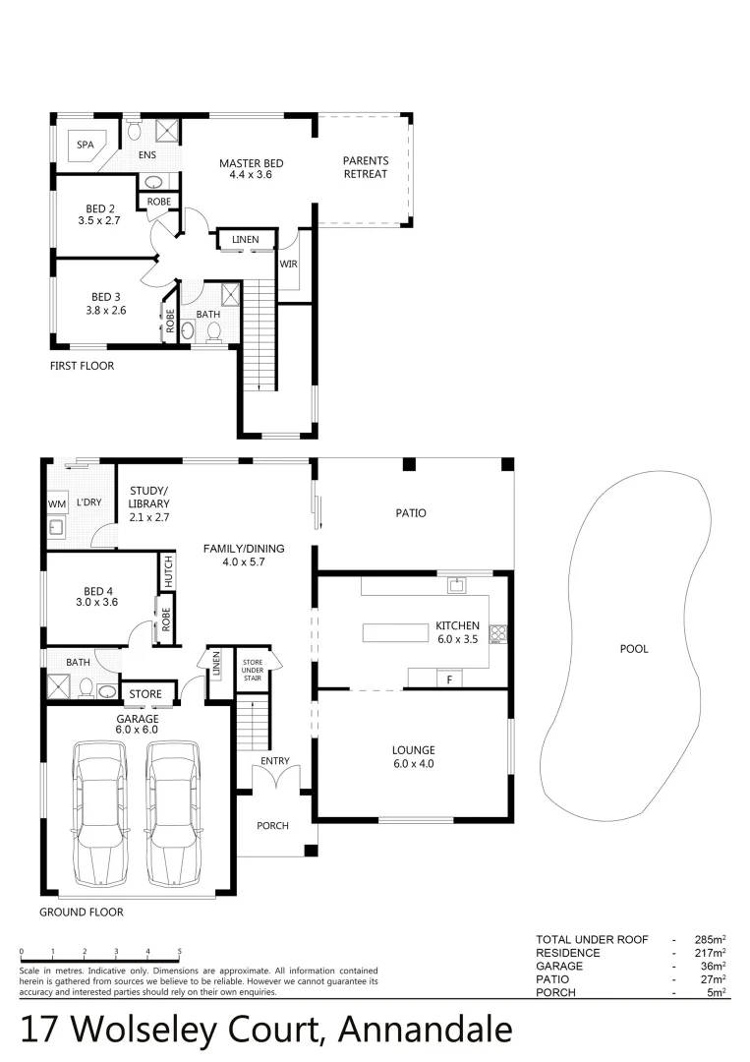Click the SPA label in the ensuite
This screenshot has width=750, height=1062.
(x=86, y=145)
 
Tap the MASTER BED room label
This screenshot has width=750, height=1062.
(x=251, y=163)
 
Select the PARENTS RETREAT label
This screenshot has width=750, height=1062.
(x=366, y=167)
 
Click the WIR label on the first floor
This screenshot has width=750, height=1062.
(x=289, y=264)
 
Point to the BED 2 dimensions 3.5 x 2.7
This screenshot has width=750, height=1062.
(x=99, y=221)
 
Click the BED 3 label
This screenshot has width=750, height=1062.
(x=104, y=296)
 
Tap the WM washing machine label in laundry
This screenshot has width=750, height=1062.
(x=56, y=503)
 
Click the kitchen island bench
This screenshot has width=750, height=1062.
(x=397, y=632)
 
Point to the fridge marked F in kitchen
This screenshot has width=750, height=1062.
(x=449, y=679)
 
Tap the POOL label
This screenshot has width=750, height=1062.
(x=634, y=649)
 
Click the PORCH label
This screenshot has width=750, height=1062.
(x=272, y=825)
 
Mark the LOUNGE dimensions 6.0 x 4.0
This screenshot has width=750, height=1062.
(x=413, y=763)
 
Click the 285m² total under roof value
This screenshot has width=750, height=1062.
(x=708, y=940)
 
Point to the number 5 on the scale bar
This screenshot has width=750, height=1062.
(x=180, y=952)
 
